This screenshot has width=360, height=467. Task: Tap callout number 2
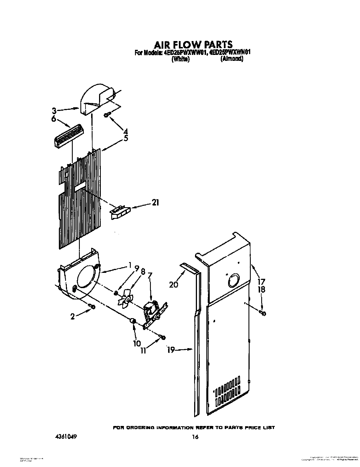(x=73, y=317)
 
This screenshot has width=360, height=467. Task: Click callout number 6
(x=53, y=119)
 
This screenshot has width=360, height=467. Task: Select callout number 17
(x=261, y=282)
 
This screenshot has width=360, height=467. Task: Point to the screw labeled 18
(x=262, y=313)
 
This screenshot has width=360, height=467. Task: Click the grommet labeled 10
(x=132, y=321)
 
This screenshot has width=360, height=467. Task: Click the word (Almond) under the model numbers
(x=232, y=59)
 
